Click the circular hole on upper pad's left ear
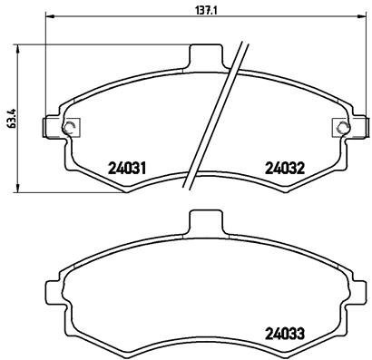[x=71, y=126]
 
